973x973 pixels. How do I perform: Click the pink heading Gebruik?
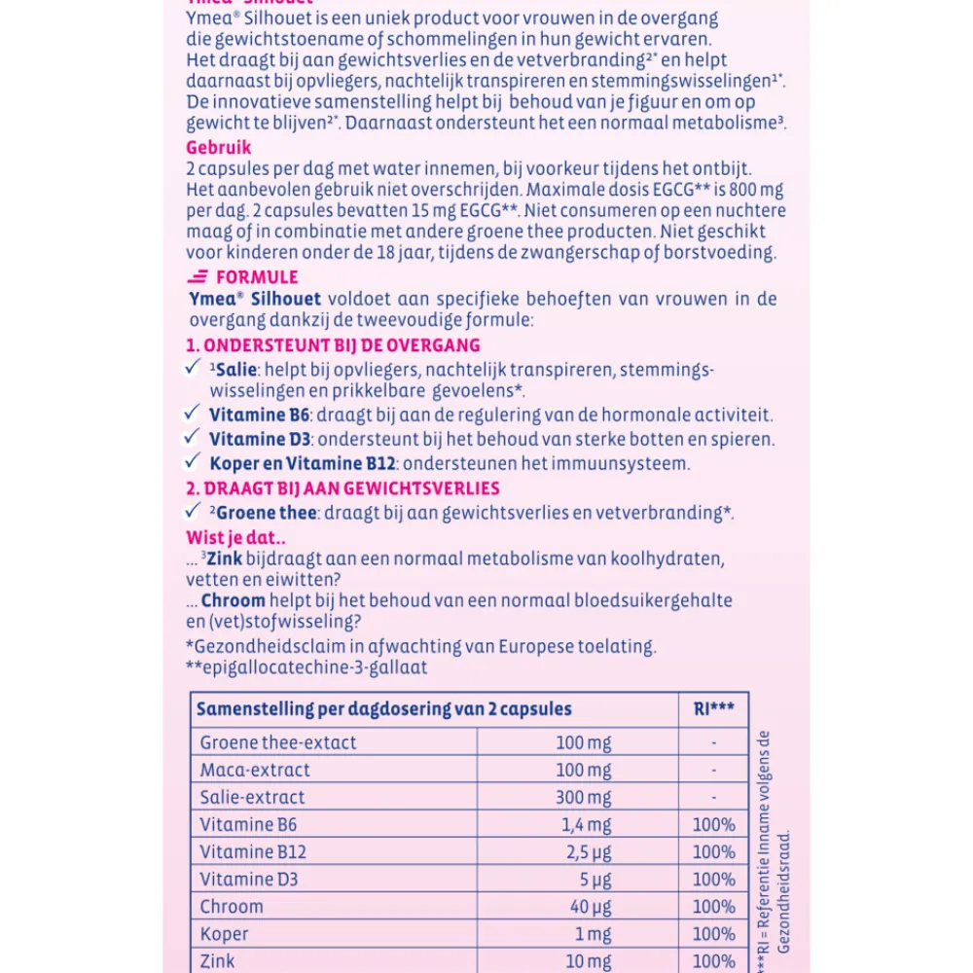(218, 148)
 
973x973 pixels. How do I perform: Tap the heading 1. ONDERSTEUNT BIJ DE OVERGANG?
(333, 345)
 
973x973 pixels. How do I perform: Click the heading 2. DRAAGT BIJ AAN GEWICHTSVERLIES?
(342, 488)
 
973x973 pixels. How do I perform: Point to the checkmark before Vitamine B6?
(193, 414)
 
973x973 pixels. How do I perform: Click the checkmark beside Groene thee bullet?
(193, 511)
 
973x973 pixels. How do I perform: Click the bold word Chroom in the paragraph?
(233, 601)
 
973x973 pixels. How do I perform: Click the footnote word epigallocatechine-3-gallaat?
(313, 667)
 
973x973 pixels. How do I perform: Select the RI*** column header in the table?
(713, 708)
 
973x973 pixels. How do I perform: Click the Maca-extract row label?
(255, 770)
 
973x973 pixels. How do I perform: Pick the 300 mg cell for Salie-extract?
(584, 797)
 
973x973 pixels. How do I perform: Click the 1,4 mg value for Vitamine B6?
(584, 824)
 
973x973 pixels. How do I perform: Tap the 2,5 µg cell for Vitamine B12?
(584, 851)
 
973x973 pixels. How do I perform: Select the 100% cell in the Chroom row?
(713, 906)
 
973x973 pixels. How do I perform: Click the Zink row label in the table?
(218, 960)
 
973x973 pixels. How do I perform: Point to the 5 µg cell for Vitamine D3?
(584, 879)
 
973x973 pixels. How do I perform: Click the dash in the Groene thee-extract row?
(713, 742)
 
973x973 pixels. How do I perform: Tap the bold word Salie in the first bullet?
(234, 370)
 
